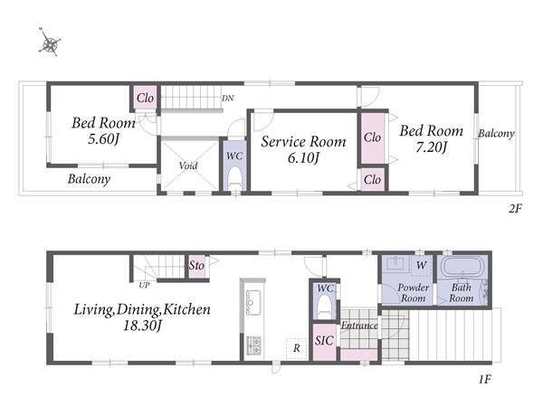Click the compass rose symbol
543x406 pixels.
point(50,42)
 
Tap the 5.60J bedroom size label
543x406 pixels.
point(103,139)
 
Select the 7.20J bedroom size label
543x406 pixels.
point(431,147)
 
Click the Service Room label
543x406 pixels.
point(303,142)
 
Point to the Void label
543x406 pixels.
point(188,165)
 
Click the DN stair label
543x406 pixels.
point(227,99)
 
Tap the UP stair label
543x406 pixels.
point(144,285)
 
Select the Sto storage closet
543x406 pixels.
point(196,266)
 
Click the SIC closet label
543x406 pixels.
point(324,341)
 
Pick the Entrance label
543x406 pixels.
point(359,326)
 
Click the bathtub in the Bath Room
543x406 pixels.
point(461,266)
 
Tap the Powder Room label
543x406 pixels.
point(414,293)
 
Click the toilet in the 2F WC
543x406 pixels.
point(234,177)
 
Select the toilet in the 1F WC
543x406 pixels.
point(325,307)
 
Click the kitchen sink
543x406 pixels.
point(253,303)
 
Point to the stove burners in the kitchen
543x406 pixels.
point(253,344)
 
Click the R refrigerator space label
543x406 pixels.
point(297,348)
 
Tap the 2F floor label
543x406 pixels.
point(515,208)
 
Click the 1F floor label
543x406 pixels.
point(485,380)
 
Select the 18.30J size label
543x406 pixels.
point(142,326)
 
